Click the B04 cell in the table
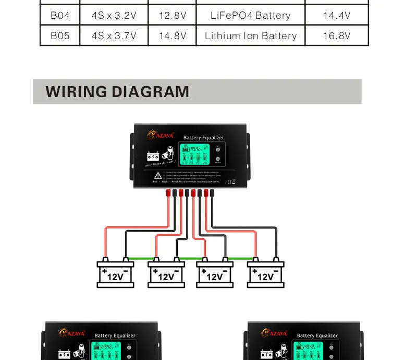pos(60,15)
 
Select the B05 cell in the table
pos(60,36)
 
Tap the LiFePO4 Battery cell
pos(250,15)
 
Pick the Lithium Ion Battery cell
pos(250,36)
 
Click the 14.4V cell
pos(337,15)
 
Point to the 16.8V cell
pos(337,36)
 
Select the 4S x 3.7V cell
pos(114,36)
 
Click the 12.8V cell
pos(173,15)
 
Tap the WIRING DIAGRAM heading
pos(117,92)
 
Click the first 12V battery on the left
pos(115,274)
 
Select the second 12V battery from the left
pos(166,274)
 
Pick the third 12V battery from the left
pos(215,274)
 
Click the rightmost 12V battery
pos(266,274)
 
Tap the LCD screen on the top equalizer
pos(194,155)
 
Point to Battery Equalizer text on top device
pos(204,138)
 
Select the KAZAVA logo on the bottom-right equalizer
pos(274,333)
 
